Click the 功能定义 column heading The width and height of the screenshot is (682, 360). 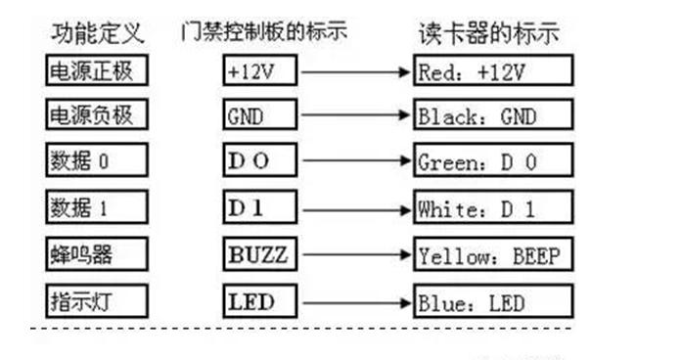coord(98,33)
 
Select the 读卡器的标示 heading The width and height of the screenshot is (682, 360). coord(487,33)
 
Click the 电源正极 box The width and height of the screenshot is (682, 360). coord(96,70)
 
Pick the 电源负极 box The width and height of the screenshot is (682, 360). coord(96,116)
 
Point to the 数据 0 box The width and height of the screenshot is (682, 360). coord(96,161)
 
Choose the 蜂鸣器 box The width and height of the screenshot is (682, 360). coord(96,254)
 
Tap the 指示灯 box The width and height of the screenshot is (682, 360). coord(96,300)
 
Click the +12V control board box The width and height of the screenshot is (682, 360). coord(258,70)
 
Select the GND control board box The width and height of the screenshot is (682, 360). coord(258,116)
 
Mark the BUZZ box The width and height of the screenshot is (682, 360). coord(258,254)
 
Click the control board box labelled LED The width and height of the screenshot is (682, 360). coord(258,300)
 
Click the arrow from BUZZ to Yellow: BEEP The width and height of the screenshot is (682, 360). coord(354,254)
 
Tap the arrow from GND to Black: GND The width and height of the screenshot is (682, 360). coord(354,116)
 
